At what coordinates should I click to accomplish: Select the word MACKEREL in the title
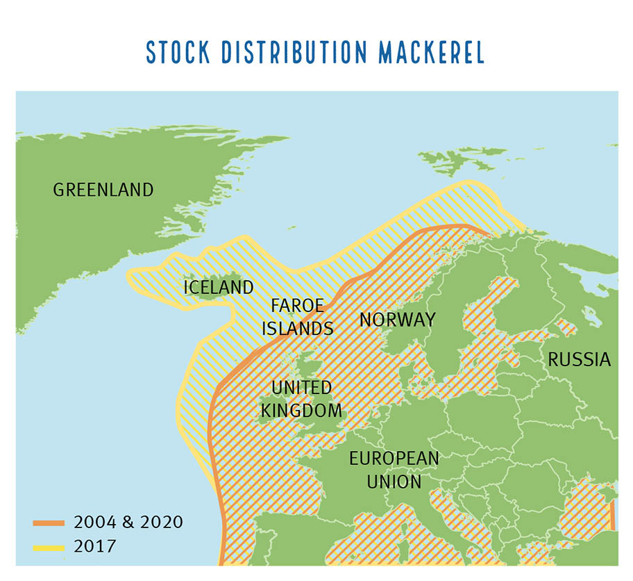coord(432,53)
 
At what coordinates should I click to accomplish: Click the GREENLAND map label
coord(103,190)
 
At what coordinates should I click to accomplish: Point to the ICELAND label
coord(218,287)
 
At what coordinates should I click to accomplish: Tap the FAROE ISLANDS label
coord(298,317)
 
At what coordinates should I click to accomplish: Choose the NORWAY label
coord(397,320)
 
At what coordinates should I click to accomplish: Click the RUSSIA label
coord(579,359)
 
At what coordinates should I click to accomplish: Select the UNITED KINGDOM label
coord(301,398)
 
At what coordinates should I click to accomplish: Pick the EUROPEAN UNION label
coord(394,470)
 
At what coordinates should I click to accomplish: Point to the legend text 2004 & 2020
coord(128,522)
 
